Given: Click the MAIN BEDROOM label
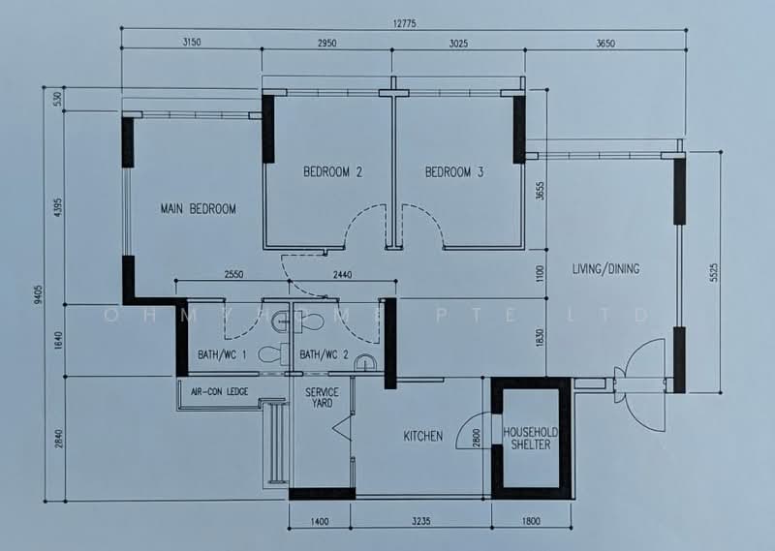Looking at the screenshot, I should click(x=198, y=208).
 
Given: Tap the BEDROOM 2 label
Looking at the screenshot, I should click(x=332, y=172).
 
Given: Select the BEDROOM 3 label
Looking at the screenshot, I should click(x=454, y=172).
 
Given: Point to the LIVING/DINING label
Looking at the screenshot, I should click(x=605, y=269).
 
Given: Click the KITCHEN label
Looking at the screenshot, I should click(x=423, y=436).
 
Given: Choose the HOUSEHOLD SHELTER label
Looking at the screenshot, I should click(x=529, y=438).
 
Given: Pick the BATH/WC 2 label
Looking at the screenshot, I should click(x=324, y=355).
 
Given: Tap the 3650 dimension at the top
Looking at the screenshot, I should click(x=605, y=44).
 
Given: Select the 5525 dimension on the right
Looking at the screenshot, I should click(x=712, y=273).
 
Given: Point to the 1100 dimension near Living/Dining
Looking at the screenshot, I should click(x=541, y=275).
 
